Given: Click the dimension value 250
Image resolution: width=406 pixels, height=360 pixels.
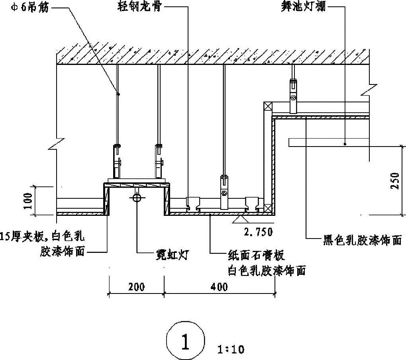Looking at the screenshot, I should pyautogui.click(x=394, y=182).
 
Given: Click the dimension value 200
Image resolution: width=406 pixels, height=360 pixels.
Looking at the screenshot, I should pyautogui.click(x=136, y=286).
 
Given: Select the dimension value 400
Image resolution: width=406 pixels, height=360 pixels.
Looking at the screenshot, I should pyautogui.click(x=218, y=286).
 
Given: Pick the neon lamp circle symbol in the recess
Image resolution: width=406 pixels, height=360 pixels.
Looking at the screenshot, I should pyautogui.click(x=137, y=197).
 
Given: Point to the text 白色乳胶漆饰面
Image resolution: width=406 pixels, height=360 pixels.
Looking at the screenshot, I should pyautogui.click(x=267, y=271).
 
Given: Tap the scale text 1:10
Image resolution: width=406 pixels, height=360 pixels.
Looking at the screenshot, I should pyautogui.click(x=231, y=350).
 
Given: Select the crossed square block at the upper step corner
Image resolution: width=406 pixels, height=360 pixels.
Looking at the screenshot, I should pyautogui.click(x=267, y=106).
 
